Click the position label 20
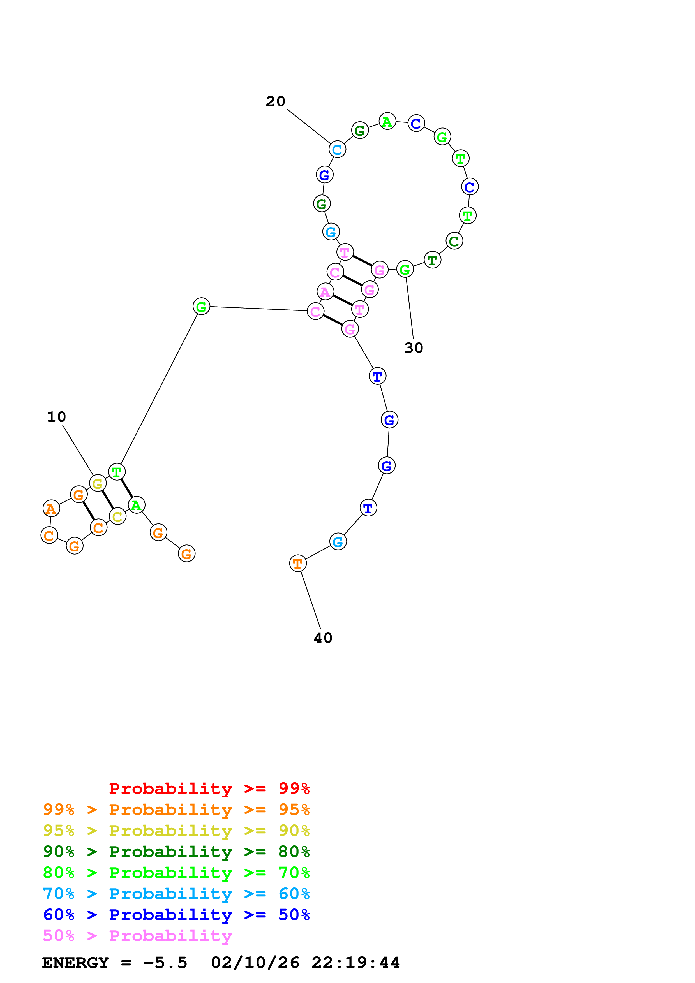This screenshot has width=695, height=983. coord(275,101)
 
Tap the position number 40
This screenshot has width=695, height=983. coord(323,638)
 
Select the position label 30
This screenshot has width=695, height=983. coord(413,348)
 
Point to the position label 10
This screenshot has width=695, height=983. coord(56,417)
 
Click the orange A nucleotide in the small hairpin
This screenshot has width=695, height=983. coord(51,509)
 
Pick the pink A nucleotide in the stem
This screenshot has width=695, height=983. coord(325,291)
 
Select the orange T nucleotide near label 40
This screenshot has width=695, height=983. coord(298,564)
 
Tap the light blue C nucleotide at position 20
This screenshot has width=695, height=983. coord(337,149)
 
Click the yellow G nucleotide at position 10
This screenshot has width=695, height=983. coord(98,483)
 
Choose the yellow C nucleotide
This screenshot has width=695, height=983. coord(117,516)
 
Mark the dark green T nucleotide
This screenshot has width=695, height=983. coord(432,260)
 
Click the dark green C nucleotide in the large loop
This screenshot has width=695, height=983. coord(454,241)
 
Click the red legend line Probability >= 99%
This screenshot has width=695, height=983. coord(209,788)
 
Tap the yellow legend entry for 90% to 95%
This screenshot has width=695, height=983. coord(176,831)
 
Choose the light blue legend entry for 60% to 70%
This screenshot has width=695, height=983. coord(176,894)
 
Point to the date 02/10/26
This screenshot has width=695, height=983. coord(255,963)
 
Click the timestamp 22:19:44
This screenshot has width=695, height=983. coord(355,963)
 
